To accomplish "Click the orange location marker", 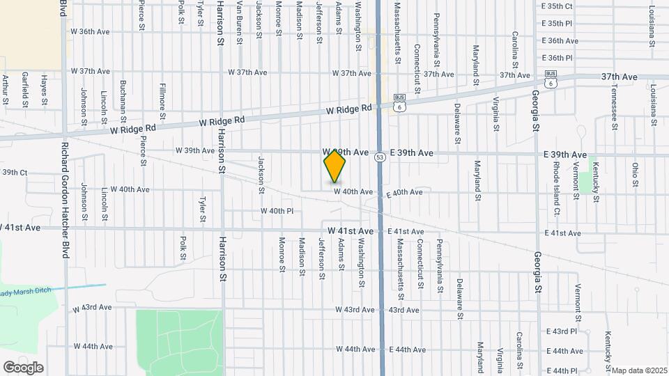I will pos(335,166).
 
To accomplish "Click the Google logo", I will pos(23,368).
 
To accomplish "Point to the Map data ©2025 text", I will pos(639,370).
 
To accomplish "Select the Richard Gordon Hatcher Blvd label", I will pos(64,201).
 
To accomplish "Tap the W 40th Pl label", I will pos(277,210).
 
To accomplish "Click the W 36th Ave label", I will pos(91,32).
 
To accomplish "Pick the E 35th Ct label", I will pos(557,6).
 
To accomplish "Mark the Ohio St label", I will pos(635,174).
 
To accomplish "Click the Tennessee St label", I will pos(614,107).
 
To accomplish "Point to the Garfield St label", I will pos(24,88).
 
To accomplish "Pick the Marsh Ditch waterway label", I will pos(28,292).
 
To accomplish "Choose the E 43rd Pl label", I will pos(559,331).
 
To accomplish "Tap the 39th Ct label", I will pos(14,172).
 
